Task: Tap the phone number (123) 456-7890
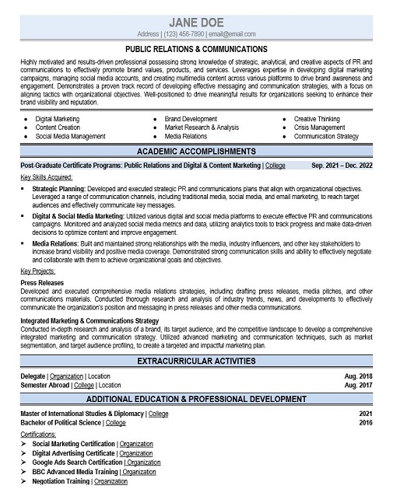[x=184, y=35]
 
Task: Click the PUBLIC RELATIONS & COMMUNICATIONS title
[x=196, y=49]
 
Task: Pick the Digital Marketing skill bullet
[x=57, y=119]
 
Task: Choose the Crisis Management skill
[x=319, y=127]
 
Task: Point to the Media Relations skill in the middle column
[x=185, y=136]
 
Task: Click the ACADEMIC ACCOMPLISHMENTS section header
[x=196, y=151]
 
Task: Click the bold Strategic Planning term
[x=59, y=188]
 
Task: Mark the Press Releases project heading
[x=44, y=283]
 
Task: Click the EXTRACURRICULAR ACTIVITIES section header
[x=196, y=362]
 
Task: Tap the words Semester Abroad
[x=44, y=385]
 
